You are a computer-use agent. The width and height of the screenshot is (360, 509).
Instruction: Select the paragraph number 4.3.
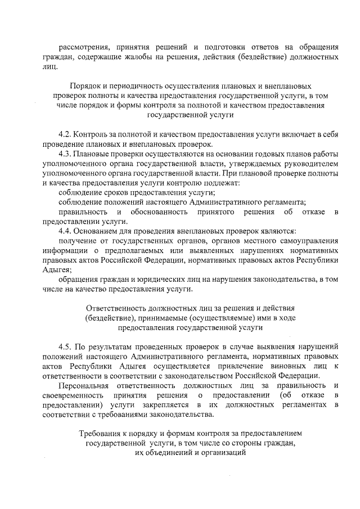[65, 154]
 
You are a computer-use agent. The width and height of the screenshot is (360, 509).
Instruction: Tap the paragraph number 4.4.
[65, 231]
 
